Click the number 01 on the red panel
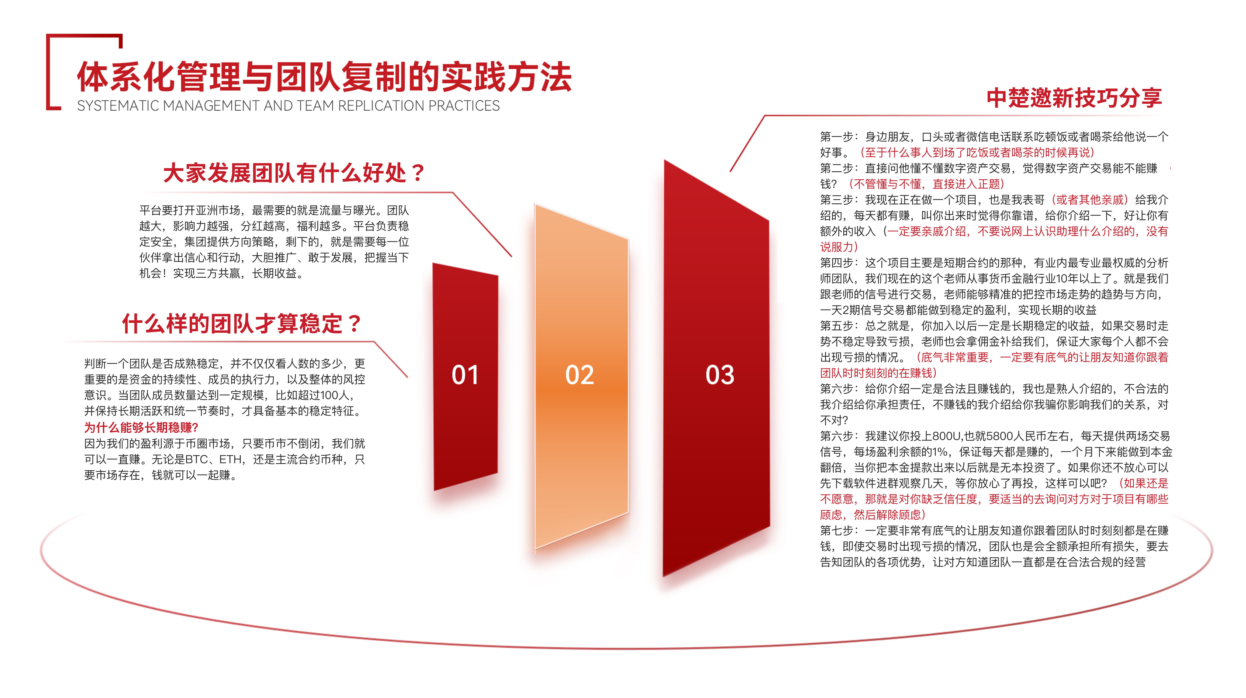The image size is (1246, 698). (465, 375)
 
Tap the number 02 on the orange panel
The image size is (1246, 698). (579, 375)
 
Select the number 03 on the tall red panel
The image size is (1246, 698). (720, 375)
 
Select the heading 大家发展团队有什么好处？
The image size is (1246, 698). (294, 173)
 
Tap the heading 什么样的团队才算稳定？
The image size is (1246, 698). (242, 323)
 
